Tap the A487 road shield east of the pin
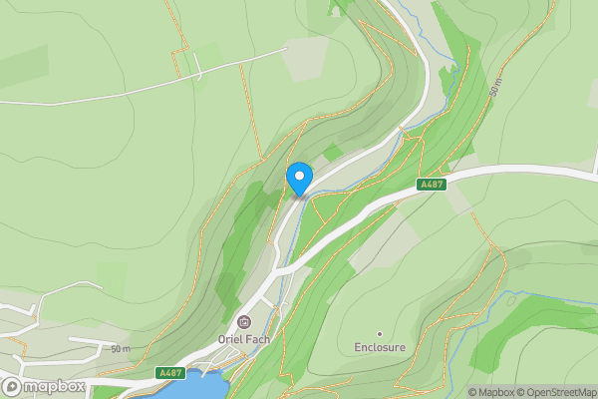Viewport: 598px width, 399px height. [431, 185]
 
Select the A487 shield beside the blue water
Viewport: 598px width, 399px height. [170, 373]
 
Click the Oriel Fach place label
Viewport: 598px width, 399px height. [245, 338]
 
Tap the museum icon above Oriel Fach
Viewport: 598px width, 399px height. [245, 321]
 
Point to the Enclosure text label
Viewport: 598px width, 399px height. [380, 348]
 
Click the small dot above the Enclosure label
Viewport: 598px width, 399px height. [380, 333]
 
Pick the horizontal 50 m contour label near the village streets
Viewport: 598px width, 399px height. [121, 348]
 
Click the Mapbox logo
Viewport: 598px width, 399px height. [44, 386]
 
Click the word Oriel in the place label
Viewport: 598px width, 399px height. [230, 338]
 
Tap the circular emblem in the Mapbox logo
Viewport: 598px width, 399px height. [13, 386]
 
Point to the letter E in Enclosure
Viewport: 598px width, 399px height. [358, 348]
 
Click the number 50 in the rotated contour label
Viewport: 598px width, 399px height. [493, 92]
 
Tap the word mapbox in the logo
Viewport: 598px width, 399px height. [54, 386]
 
